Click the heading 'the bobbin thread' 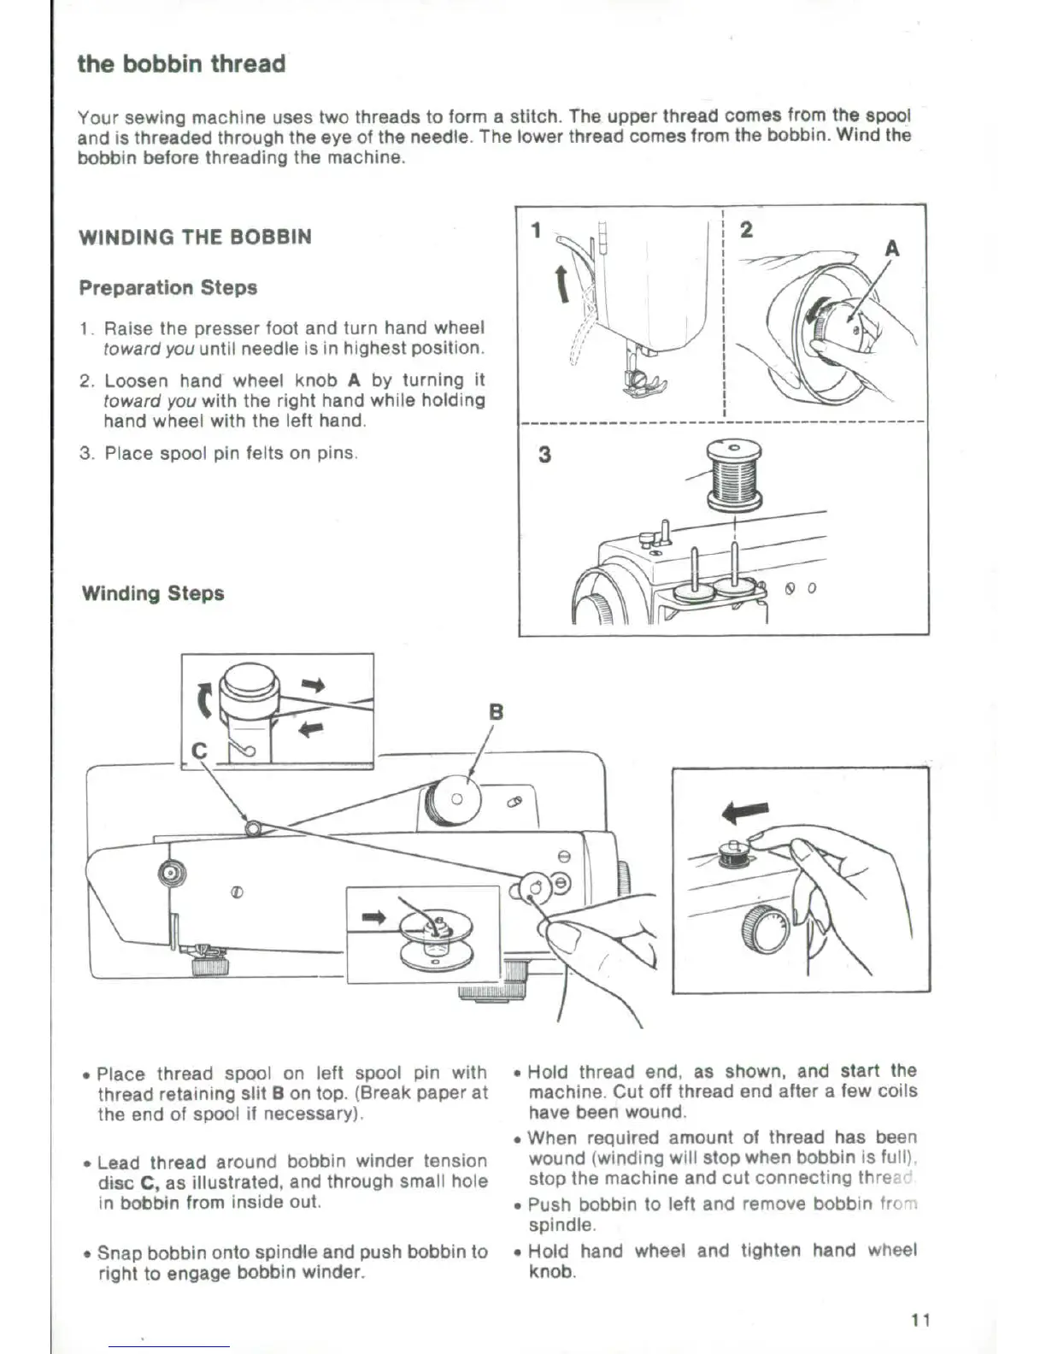[x=181, y=64]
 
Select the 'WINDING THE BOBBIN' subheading [x=195, y=238]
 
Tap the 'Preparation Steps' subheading [x=168, y=288]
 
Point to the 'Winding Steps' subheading [x=153, y=593]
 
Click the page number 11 [x=920, y=1320]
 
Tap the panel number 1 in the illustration [x=536, y=230]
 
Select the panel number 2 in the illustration [x=746, y=230]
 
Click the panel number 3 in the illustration [x=544, y=454]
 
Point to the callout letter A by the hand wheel [x=891, y=249]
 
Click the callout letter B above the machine [x=496, y=712]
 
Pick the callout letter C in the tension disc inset [x=200, y=751]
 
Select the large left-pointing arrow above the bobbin [x=745, y=810]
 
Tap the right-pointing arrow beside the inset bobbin [x=375, y=917]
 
